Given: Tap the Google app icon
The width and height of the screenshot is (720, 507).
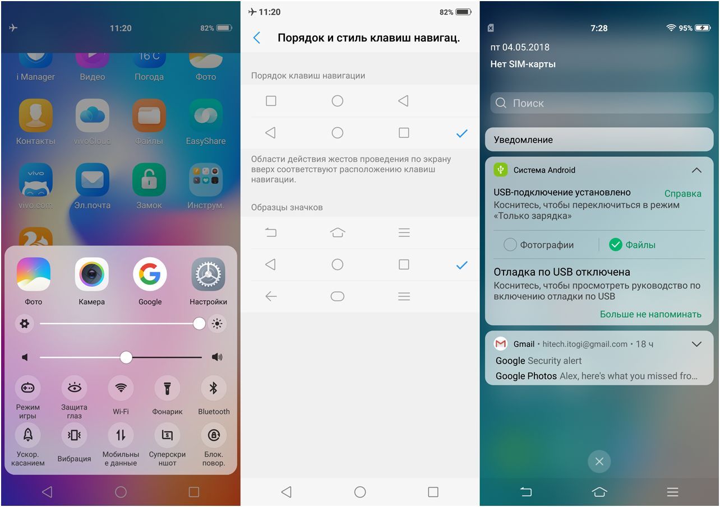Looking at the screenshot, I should tap(150, 274).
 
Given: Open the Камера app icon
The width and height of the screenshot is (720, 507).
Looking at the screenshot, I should tap(91, 274).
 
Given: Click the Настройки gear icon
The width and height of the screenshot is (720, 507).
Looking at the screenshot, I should tap(208, 274).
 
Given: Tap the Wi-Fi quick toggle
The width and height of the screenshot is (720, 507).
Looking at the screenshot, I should tap(121, 388).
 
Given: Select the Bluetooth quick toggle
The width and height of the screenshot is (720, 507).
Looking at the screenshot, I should tap(214, 388).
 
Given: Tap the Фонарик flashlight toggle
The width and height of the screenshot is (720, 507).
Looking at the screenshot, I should tap(167, 388).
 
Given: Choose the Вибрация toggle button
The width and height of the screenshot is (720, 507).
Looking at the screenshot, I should tap(74, 435).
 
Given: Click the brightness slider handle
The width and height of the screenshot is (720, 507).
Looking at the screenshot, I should tap(199, 323).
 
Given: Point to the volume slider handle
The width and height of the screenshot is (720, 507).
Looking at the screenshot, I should tap(126, 357).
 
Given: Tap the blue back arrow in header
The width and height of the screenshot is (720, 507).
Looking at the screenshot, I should tap(257, 38).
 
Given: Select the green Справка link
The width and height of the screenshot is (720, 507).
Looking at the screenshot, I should tap(682, 193).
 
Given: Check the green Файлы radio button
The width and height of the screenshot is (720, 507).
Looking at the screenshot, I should tap(616, 245).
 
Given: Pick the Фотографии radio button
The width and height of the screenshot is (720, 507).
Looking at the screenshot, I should tap(510, 245).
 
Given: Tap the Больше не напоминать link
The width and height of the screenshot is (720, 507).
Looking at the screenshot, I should tap(650, 314).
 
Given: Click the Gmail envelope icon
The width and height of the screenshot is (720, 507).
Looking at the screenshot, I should tap(500, 344).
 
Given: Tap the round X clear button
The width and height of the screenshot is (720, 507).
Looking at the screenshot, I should tap(599, 462).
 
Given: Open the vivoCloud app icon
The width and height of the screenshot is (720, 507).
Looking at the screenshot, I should tap(92, 116).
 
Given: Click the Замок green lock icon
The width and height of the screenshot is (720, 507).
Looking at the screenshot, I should tap(149, 180).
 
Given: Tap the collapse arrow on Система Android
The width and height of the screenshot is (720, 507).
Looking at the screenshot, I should tap(696, 170).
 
